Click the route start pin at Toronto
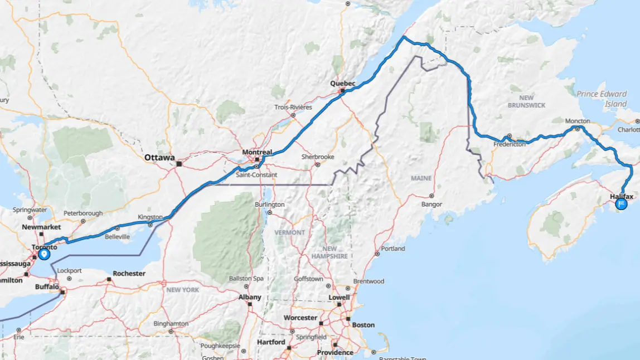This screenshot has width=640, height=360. click(x=44, y=254)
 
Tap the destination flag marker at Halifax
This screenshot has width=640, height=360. click(x=621, y=205)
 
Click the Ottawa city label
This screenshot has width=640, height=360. click(x=159, y=158)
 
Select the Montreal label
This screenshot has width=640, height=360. click(x=257, y=152)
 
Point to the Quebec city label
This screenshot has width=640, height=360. click(x=342, y=84)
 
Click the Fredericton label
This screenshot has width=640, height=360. click(x=510, y=144)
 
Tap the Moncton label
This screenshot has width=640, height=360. click(x=577, y=121)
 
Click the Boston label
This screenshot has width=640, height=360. click(x=363, y=325)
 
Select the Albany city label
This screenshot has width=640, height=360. click(x=250, y=298)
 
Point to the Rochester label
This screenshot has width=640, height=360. click(x=129, y=274)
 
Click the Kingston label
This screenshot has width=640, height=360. click(x=151, y=217)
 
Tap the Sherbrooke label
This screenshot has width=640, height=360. click(x=318, y=157)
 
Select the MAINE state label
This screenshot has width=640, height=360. click(x=421, y=178)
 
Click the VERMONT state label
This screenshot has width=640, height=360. click(x=290, y=232)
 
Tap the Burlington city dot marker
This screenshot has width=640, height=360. click(x=269, y=212)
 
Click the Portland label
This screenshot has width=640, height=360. click(x=393, y=249)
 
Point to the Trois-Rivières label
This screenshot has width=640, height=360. click(x=293, y=107)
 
